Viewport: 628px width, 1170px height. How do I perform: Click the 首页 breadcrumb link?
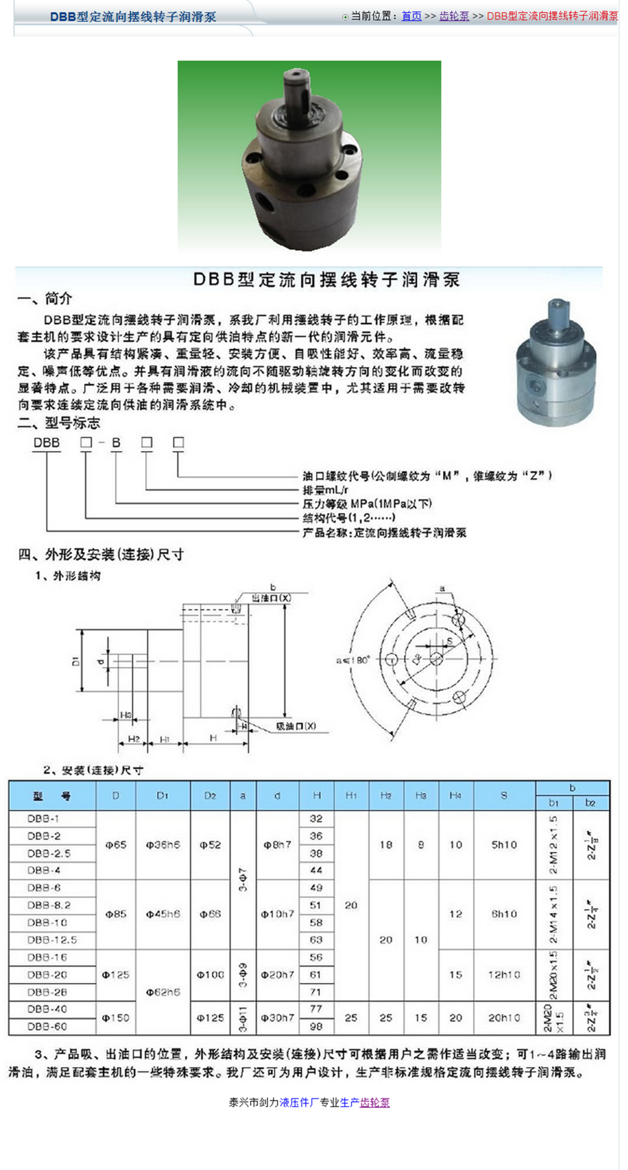click(x=411, y=16)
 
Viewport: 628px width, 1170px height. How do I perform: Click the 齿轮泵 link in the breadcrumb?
click(x=454, y=16)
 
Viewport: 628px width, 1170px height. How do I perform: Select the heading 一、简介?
click(x=44, y=299)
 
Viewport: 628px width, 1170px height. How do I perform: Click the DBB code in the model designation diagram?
click(x=46, y=443)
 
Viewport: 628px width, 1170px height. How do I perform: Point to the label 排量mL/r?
click(x=325, y=490)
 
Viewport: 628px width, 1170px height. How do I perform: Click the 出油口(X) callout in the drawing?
click(x=271, y=598)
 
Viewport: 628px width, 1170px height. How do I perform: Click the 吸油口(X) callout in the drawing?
click(x=296, y=726)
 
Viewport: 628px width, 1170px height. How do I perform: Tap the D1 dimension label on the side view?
click(x=76, y=662)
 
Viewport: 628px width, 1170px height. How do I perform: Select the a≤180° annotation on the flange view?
click(x=353, y=660)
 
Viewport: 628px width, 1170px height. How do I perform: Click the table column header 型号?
click(x=52, y=796)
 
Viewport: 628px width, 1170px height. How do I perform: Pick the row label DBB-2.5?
click(x=48, y=853)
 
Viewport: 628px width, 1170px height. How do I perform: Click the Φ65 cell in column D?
click(x=116, y=845)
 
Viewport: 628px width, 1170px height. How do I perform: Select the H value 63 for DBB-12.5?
click(x=316, y=940)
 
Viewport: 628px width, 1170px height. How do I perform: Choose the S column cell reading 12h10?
click(x=504, y=974)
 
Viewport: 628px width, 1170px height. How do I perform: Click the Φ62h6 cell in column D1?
click(x=163, y=992)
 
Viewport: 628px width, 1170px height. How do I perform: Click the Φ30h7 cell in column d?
click(x=277, y=1018)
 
